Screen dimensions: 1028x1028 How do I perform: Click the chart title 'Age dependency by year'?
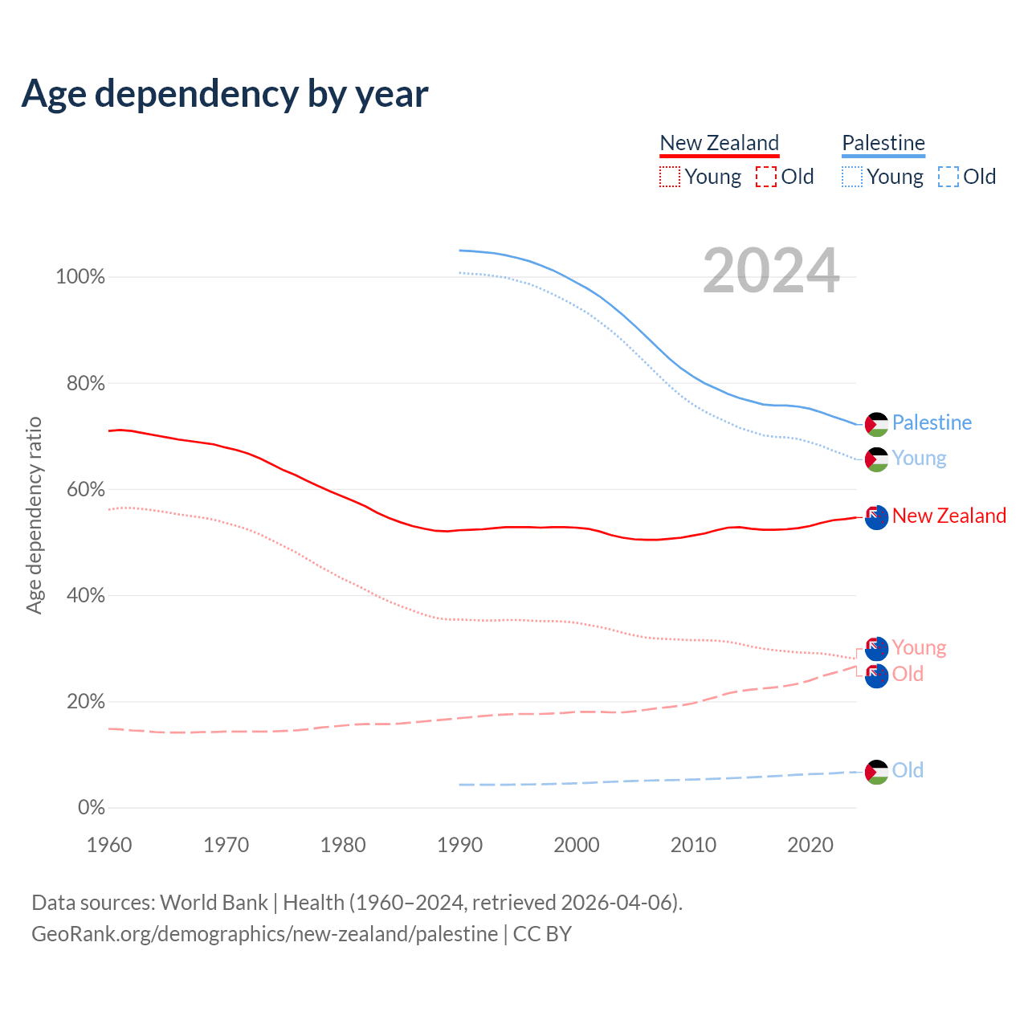pos(225,94)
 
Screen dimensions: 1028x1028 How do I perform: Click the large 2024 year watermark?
pos(771,271)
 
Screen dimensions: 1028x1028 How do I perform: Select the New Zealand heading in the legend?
pos(719,143)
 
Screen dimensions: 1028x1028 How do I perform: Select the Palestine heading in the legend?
pos(883,143)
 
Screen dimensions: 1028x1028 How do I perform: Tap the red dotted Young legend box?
pos(670,177)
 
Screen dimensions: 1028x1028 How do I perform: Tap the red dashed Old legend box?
pos(766,177)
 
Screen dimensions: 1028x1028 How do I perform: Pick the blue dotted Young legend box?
pos(852,177)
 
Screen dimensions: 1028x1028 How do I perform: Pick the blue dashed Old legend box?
pos(948,177)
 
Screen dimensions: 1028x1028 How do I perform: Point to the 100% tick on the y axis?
pos(80,277)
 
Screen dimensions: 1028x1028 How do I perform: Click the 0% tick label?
pos(92,808)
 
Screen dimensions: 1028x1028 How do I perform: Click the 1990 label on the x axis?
pos(460,845)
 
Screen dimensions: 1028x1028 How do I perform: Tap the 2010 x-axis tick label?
pos(693,845)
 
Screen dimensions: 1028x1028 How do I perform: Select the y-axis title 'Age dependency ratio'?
pos(34,515)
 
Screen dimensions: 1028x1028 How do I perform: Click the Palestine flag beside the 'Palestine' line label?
pos(876,424)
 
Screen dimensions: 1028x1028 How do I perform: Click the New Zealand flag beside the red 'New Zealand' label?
pos(876,517)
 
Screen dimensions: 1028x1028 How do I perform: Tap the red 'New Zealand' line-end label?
pos(948,516)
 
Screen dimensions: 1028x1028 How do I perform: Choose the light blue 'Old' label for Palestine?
pos(908,770)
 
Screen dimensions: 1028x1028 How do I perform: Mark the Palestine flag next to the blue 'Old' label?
pos(876,772)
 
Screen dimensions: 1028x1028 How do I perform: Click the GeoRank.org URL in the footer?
pos(264,934)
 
